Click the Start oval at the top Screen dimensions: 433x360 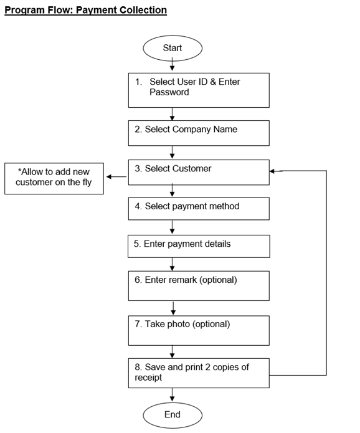[x=173, y=48]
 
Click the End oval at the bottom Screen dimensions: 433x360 [x=173, y=415]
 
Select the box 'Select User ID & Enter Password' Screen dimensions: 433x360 [x=199, y=90]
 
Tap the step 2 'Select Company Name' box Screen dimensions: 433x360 [x=199, y=133]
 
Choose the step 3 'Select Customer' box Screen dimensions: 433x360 [x=199, y=172]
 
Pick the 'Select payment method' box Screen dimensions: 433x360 [x=199, y=209]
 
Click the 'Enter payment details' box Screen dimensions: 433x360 [x=199, y=246]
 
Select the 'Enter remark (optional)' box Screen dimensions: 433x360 [x=199, y=286]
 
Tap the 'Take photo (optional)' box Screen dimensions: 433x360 [x=199, y=330]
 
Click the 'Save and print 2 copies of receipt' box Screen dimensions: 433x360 [x=199, y=373]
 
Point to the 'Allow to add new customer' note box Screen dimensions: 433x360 [x=54, y=178]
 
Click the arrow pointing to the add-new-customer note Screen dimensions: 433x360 [x=116, y=177]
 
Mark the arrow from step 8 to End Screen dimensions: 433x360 [x=172, y=395]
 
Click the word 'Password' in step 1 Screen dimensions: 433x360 [x=169, y=92]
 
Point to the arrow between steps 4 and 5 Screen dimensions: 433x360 [x=172, y=227]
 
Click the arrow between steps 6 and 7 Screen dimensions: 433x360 [x=172, y=308]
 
